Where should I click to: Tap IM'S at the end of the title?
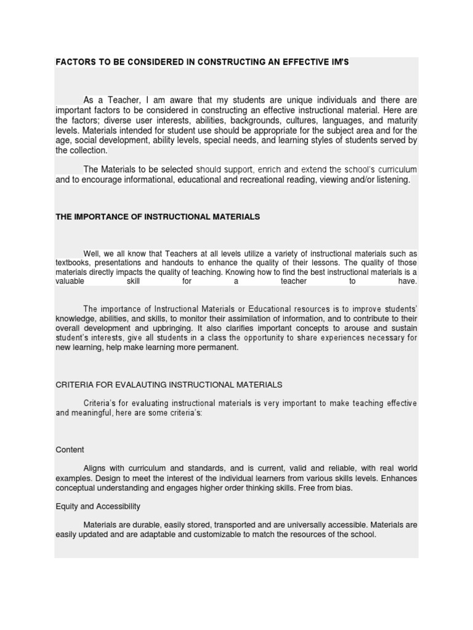339,62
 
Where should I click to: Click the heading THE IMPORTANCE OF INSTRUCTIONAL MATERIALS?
158,217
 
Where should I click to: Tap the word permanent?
217,347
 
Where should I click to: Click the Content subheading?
70,450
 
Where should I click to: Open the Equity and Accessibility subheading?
98,506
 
